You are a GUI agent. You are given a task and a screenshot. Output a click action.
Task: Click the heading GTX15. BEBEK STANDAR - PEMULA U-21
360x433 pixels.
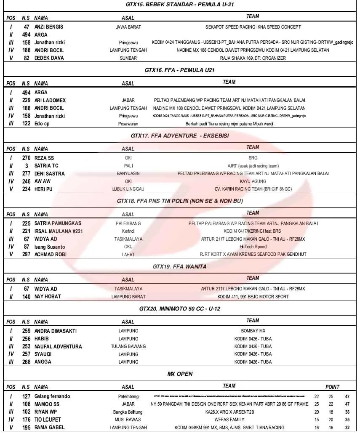180,5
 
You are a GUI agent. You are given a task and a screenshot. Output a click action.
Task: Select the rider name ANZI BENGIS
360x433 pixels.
49,27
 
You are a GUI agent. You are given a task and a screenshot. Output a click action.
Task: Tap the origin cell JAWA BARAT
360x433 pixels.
128,27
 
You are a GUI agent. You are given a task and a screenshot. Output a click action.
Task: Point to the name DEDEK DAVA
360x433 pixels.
49,58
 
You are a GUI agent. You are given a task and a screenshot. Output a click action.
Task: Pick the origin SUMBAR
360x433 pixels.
128,58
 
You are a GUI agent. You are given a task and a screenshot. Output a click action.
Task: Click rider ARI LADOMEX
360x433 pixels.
50,101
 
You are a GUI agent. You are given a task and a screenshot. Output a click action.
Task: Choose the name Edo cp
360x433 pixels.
42,124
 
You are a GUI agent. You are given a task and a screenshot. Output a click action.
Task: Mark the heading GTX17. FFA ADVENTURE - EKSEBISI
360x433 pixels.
180,135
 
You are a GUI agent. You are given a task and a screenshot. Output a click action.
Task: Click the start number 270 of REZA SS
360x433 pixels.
26,158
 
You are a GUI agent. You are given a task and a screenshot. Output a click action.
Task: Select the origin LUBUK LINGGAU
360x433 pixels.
128,189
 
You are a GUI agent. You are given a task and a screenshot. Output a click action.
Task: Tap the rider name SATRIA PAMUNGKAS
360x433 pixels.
58,223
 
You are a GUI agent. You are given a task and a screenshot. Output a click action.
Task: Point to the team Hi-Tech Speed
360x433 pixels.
253,247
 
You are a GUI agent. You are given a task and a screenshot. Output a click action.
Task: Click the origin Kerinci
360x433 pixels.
128,231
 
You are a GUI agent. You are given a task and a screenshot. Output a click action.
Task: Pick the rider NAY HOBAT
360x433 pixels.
48,297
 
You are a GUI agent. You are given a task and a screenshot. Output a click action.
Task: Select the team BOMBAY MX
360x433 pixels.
253,331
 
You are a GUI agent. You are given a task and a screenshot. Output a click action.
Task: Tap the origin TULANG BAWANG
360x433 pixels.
128,347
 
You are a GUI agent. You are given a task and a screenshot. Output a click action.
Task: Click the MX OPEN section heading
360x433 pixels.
180,374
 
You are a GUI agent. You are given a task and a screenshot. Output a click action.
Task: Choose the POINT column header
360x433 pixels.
332,387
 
